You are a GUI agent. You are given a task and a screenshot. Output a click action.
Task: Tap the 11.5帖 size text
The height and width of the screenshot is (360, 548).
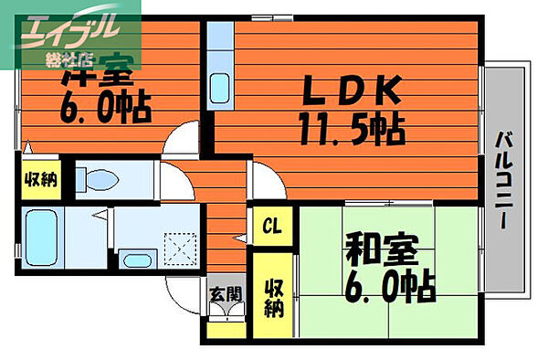pos(350,131)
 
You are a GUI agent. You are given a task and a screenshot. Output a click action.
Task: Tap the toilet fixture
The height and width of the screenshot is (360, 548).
pos(95,177)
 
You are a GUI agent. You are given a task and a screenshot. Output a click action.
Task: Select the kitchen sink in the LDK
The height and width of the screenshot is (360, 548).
pos(221,89)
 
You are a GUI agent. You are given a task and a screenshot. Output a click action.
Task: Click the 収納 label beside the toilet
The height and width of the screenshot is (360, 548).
pos(39,179)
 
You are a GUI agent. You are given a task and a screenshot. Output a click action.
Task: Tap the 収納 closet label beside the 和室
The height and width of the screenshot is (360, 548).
pos(272,297)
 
